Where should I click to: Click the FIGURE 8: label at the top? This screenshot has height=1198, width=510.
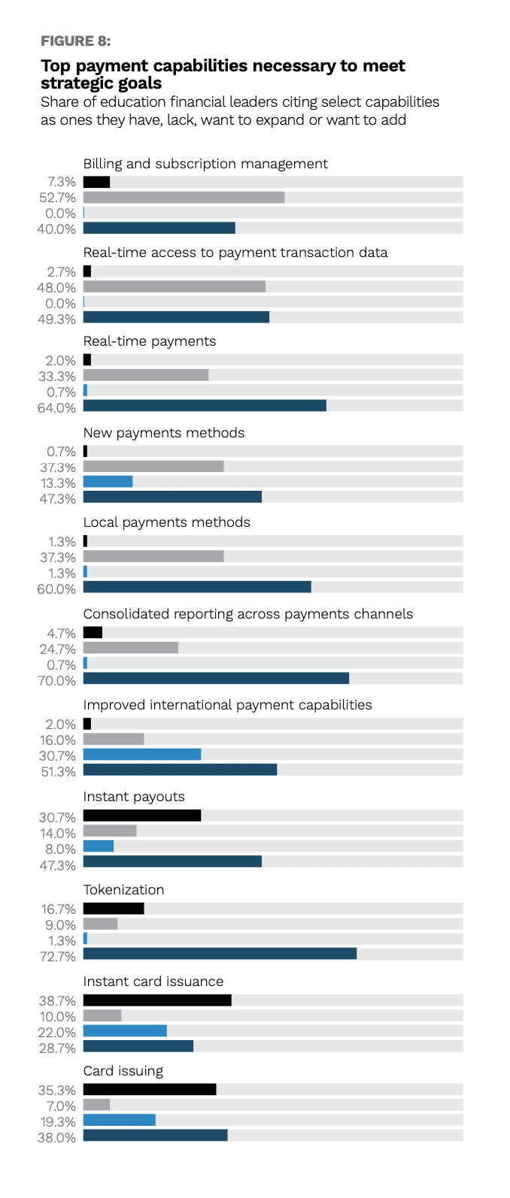tap(75, 41)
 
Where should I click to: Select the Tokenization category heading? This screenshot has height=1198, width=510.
tap(123, 890)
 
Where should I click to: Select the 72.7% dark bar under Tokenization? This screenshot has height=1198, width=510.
tap(220, 954)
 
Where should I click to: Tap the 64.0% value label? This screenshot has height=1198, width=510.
tap(58, 408)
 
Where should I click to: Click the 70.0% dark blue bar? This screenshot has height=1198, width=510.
tap(216, 679)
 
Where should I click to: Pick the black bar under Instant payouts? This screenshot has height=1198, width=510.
tap(142, 815)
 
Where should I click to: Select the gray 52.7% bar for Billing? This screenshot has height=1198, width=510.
tap(184, 198)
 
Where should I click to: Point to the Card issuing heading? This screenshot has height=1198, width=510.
tap(123, 1071)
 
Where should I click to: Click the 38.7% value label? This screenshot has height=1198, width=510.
tap(58, 1001)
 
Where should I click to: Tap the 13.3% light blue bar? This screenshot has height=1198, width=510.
tap(108, 482)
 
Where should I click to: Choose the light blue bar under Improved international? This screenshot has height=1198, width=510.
tap(142, 755)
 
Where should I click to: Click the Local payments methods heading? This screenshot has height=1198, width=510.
tap(166, 522)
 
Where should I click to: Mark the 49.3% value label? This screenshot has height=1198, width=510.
tap(58, 319)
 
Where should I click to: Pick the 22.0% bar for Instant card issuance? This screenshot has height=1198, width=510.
tap(125, 1031)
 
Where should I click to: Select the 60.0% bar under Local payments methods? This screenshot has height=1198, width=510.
tap(197, 587)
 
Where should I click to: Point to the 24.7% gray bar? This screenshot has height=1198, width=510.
tap(131, 648)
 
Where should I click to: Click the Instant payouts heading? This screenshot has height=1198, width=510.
tap(134, 797)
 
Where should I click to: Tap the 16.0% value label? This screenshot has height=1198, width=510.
tap(58, 740)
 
